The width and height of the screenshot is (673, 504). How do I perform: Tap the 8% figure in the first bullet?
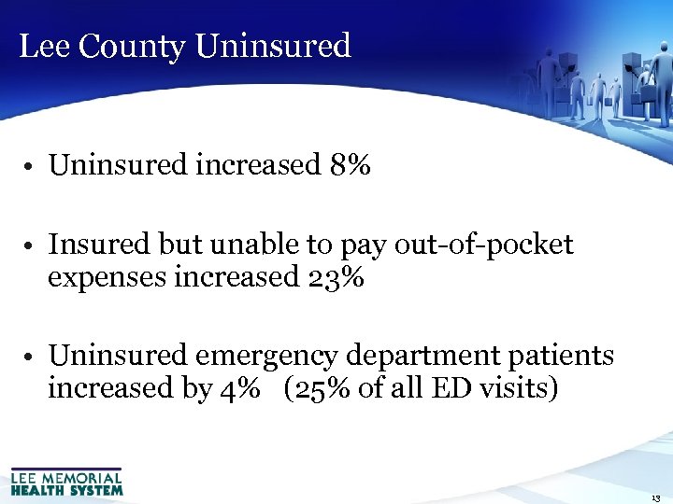(351, 166)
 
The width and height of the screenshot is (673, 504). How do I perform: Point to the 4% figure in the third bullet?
(240, 388)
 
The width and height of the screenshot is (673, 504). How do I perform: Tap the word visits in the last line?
(515, 388)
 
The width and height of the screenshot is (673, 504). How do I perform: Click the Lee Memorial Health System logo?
(66, 482)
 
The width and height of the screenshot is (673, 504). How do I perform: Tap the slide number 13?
(654, 497)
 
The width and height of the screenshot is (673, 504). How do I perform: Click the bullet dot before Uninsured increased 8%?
(31, 168)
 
